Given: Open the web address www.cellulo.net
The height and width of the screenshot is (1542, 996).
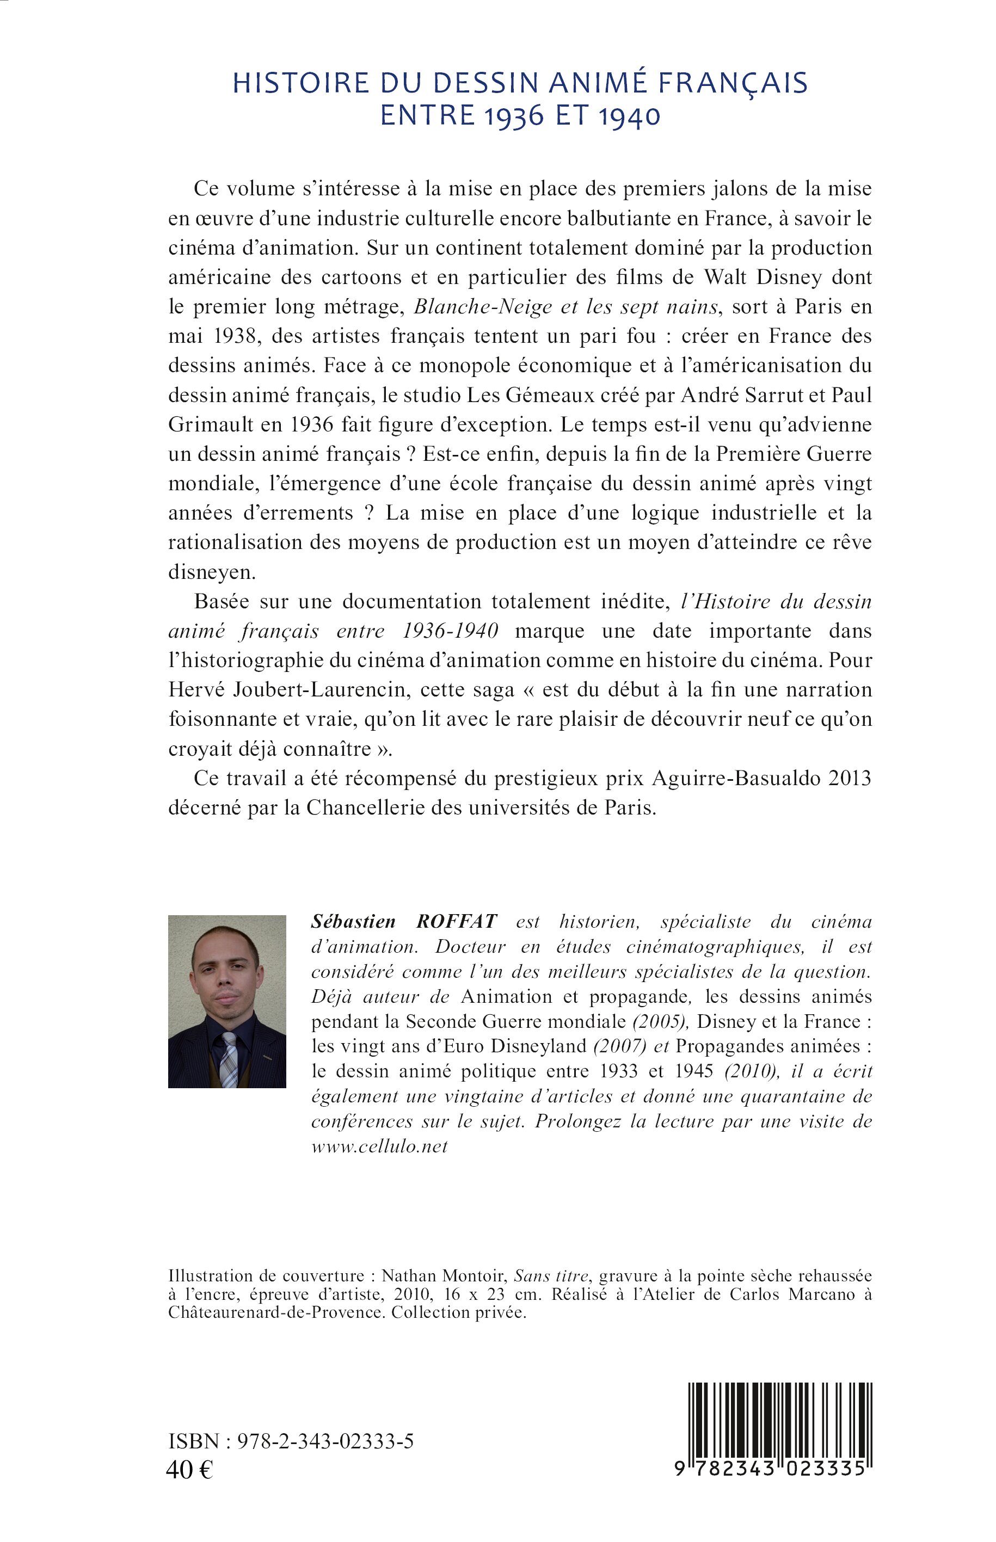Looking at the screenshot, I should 379,1146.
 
